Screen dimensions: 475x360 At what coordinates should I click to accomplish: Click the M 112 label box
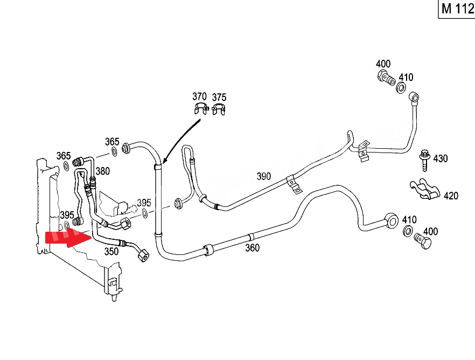457,9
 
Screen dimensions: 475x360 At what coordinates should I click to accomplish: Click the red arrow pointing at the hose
68,237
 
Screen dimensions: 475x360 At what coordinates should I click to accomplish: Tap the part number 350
111,252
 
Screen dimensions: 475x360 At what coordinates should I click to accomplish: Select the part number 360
252,248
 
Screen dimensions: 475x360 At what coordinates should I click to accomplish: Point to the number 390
263,176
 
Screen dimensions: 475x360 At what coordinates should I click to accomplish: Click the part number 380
102,171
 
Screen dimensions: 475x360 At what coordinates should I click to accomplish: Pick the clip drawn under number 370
201,108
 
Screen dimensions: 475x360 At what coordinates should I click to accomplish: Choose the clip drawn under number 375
219,109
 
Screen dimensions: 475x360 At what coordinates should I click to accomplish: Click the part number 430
440,158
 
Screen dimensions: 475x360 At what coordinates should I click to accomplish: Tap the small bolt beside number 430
425,160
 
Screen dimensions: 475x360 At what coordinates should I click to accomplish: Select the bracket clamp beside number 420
424,189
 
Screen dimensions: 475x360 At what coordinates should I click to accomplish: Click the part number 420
451,196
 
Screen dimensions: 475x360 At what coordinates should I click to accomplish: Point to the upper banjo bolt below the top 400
386,78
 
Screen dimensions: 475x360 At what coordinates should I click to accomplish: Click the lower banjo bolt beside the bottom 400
423,241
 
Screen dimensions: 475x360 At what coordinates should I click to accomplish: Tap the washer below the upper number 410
401,88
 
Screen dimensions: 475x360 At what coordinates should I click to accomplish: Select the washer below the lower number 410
408,231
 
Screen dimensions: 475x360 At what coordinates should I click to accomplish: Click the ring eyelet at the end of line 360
392,221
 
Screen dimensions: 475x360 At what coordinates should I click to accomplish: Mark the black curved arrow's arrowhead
164,160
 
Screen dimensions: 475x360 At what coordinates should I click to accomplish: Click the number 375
219,98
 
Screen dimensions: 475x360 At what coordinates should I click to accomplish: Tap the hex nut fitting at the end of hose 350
143,255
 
